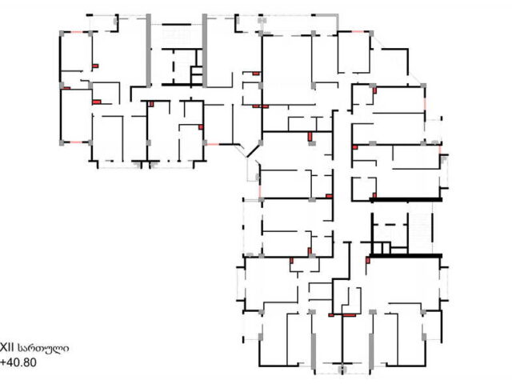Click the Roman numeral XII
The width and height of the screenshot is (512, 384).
tap(7, 348)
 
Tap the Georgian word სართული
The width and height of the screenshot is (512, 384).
tap(43, 348)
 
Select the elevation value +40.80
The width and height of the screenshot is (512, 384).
tap(18, 362)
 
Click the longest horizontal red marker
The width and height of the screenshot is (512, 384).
tap(349, 315)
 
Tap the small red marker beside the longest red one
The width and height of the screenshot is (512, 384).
tap(331, 315)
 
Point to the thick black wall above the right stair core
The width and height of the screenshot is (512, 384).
tap(406, 199)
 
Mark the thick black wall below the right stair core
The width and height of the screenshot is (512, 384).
tap(406, 256)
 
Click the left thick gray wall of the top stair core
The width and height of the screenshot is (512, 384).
tap(149, 50)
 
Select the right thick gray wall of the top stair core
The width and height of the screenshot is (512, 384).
tap(205, 50)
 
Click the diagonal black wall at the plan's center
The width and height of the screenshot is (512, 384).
tap(253, 151)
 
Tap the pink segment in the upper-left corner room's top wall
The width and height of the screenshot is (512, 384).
tap(76, 32)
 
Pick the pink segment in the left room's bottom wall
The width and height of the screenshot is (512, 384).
tap(76, 142)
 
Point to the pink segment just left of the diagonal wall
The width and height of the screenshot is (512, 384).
tap(213, 144)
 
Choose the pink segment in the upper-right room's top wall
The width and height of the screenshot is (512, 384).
tap(357, 32)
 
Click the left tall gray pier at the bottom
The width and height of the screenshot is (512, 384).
tap(314, 352)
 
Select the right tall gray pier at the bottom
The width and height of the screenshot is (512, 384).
tap(371, 352)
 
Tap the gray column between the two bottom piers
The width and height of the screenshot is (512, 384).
tap(342, 370)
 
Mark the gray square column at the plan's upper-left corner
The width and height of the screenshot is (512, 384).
tap(62, 33)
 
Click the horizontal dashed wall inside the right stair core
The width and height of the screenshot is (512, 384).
tap(390, 225)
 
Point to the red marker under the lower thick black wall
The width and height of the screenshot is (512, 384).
tap(368, 260)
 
